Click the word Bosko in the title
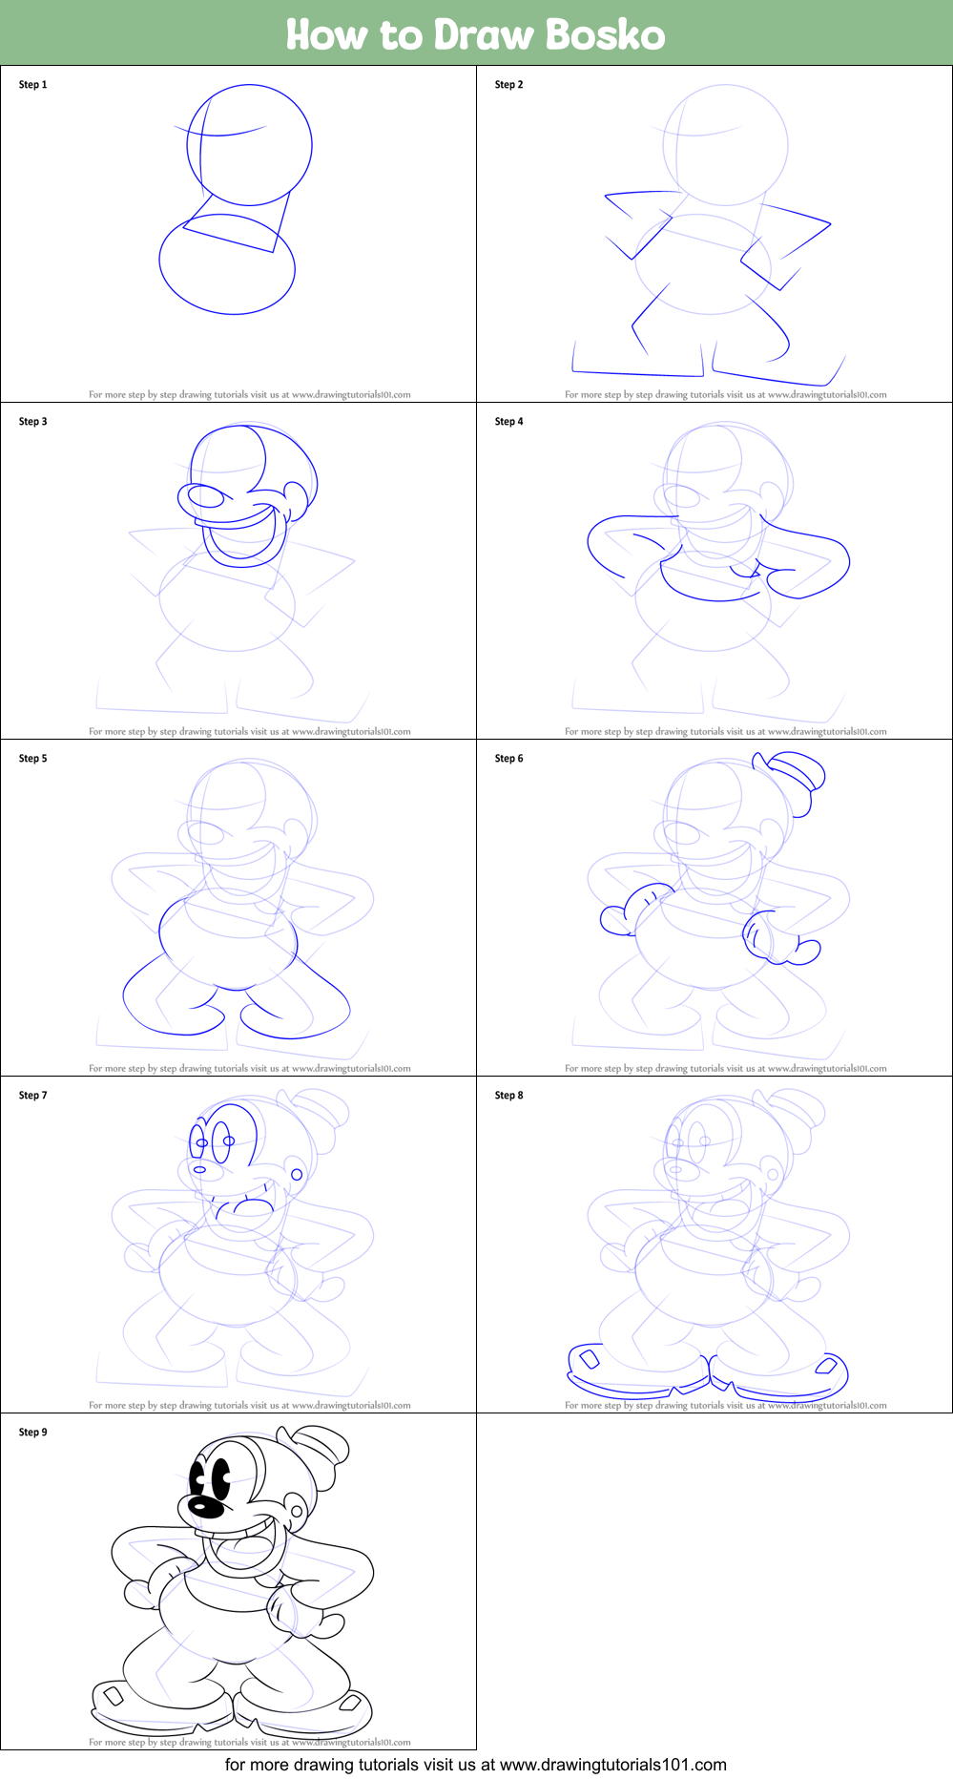pos(605,35)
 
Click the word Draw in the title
pos(484,35)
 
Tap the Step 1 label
pos(32,85)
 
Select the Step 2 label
pos(508,85)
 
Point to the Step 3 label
pos(32,422)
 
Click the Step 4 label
pos(508,422)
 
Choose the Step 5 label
pos(32,759)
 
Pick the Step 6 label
pos(508,759)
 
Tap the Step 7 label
pos(32,1096)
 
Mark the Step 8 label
pos(508,1096)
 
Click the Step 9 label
pos(32,1433)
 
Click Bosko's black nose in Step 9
pos(205,1507)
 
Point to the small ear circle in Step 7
pos(297,1174)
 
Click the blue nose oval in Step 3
pos(205,497)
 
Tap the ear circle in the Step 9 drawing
pos(297,1512)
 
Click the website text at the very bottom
pos(475,1765)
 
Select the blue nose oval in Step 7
pos(199,1169)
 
